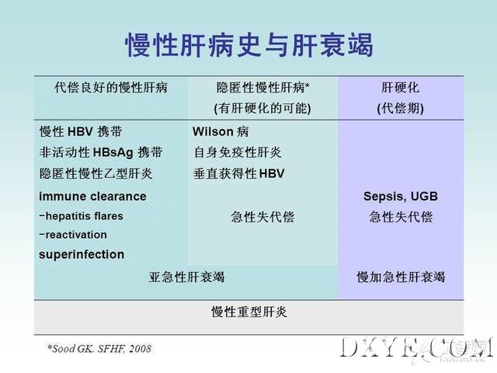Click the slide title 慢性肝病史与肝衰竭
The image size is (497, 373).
coord(248,45)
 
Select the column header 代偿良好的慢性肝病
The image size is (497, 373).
coord(110,88)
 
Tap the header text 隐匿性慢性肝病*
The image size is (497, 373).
coord(262,88)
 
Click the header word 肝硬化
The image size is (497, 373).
coord(401,88)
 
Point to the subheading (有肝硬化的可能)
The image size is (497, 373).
coord(262,109)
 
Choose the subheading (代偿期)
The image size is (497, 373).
coord(401,109)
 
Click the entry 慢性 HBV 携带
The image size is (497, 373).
coord(81,131)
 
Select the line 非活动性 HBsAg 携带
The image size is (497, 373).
coord(101,152)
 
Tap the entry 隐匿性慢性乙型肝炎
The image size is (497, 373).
coord(96,173)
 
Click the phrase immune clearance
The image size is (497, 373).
coord(92,197)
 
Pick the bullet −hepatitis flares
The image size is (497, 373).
coord(81,216)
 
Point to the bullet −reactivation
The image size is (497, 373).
coord(73,235)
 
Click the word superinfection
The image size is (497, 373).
coord(82,254)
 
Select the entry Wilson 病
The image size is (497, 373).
coord(221,131)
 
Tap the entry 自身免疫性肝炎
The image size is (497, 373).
coord(238,152)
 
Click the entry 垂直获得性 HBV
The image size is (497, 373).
coord(238,173)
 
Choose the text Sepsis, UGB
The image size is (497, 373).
coord(401,197)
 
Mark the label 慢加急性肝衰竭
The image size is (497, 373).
coord(401,277)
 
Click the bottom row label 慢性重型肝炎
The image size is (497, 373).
coord(249,312)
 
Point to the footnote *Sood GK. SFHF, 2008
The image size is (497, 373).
coord(99,349)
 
